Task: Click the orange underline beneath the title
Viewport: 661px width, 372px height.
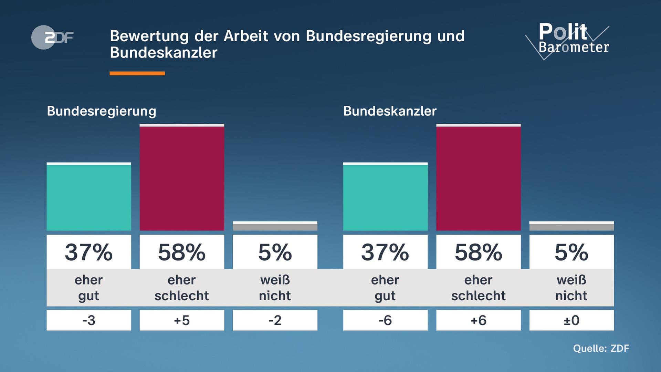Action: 137,73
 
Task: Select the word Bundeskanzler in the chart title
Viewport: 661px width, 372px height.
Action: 164,53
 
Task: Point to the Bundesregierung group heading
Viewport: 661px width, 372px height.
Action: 101,111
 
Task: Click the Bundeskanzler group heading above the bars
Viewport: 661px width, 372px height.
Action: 390,111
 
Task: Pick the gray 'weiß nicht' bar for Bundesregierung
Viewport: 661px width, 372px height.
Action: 275,226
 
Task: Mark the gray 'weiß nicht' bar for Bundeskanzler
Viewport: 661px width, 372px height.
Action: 571,226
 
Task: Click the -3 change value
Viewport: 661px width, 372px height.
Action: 89,320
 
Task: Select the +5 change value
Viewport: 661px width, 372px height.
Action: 182,320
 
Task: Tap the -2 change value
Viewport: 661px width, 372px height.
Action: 275,320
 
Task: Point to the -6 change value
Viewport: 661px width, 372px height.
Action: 385,320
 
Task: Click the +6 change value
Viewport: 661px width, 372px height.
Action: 478,320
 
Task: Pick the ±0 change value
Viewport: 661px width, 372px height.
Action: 571,320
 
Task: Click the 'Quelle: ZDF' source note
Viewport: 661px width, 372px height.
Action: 601,349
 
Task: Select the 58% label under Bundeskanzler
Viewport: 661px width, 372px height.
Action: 478,252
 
